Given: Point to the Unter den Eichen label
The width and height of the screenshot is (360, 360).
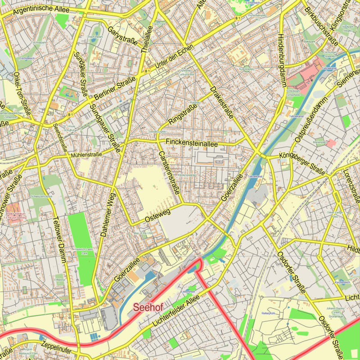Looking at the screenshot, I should (174, 57).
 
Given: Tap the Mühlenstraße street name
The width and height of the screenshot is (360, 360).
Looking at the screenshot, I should (86, 155).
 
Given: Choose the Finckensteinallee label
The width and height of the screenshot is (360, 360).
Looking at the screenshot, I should (192, 143).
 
